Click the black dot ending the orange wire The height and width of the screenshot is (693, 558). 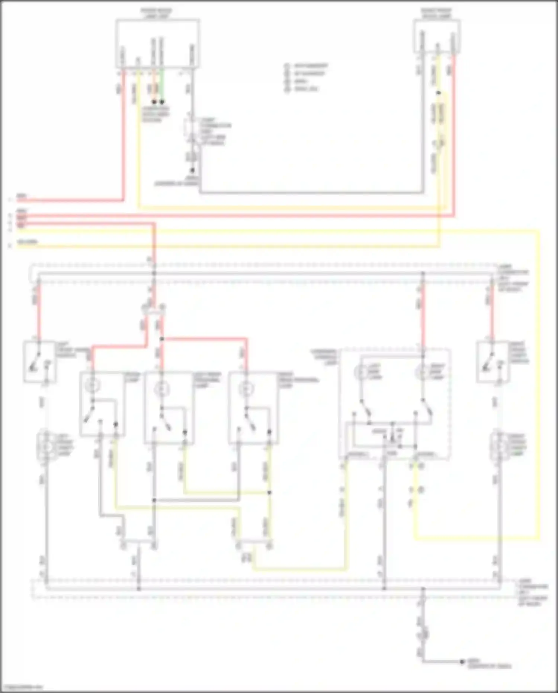[154, 102]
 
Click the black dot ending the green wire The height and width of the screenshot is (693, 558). [162, 102]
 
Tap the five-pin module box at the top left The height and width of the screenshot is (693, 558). [157, 44]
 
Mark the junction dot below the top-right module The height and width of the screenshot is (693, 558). [439, 93]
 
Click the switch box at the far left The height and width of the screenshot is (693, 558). [40, 362]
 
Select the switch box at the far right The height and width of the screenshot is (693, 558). [493, 362]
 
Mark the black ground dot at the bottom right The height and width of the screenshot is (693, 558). [462, 662]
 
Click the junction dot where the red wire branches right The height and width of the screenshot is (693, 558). [161, 339]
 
